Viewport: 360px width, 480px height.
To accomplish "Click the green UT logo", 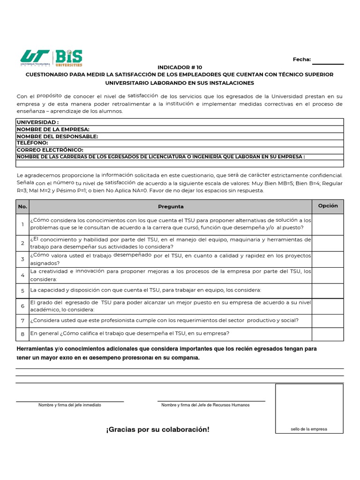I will coord(35,58).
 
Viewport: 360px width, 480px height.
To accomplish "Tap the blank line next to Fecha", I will coord(328,61).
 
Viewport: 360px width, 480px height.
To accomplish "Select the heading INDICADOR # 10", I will coord(180,67).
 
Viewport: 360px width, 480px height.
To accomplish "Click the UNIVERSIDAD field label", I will coord(38,122).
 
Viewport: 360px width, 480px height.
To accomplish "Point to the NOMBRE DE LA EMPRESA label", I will coord(53,129).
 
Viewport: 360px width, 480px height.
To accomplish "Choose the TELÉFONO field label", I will coord(32,142).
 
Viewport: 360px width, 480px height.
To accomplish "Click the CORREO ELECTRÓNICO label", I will coord(50,150).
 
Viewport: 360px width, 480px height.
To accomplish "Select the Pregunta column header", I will coord(171,206).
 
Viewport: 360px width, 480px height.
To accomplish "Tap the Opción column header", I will coord(328,206).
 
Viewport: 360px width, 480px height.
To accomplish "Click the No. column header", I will coord(22,206).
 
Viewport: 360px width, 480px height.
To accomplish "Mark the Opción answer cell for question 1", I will coord(328,224).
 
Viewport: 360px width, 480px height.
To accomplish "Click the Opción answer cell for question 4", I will coord(328,275).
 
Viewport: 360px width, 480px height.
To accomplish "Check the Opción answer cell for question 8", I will coord(328,334).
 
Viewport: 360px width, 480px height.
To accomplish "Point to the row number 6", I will coord(22,306).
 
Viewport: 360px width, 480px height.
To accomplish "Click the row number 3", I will coord(22,259).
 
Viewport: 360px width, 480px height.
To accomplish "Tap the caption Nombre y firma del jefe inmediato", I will coord(69,405).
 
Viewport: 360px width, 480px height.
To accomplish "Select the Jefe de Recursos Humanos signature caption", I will coord(205,405).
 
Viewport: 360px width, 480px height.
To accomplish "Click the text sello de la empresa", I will coord(309,429).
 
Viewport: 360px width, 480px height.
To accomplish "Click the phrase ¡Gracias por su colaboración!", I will coord(157,429).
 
